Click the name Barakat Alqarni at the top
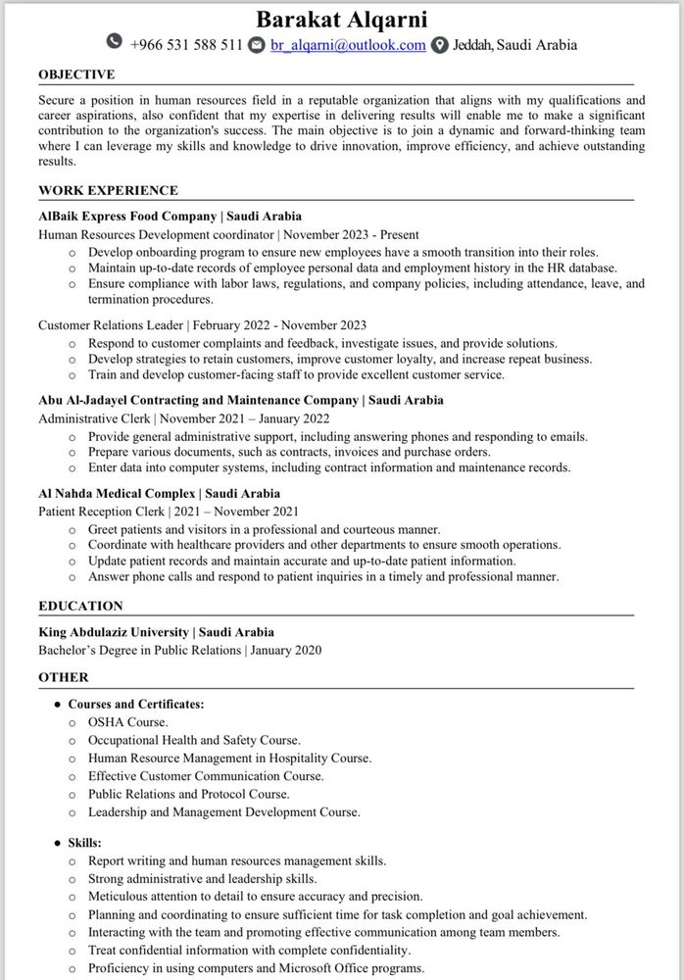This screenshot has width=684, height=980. click(342, 20)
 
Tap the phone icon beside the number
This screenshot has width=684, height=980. click(115, 44)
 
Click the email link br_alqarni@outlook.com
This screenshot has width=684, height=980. click(348, 45)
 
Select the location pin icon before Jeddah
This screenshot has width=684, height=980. click(440, 45)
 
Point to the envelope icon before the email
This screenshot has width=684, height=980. click(257, 45)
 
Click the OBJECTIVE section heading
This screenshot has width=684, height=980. click(76, 74)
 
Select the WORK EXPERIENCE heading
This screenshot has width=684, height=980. click(108, 190)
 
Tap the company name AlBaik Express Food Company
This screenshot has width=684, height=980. click(125, 216)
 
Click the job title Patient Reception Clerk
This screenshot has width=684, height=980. click(101, 511)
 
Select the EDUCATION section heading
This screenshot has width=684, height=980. click(80, 606)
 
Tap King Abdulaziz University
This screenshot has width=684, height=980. click(113, 632)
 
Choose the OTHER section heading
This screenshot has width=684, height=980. click(64, 677)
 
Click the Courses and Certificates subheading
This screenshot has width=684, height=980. click(136, 704)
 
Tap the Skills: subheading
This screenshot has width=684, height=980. click(84, 843)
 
